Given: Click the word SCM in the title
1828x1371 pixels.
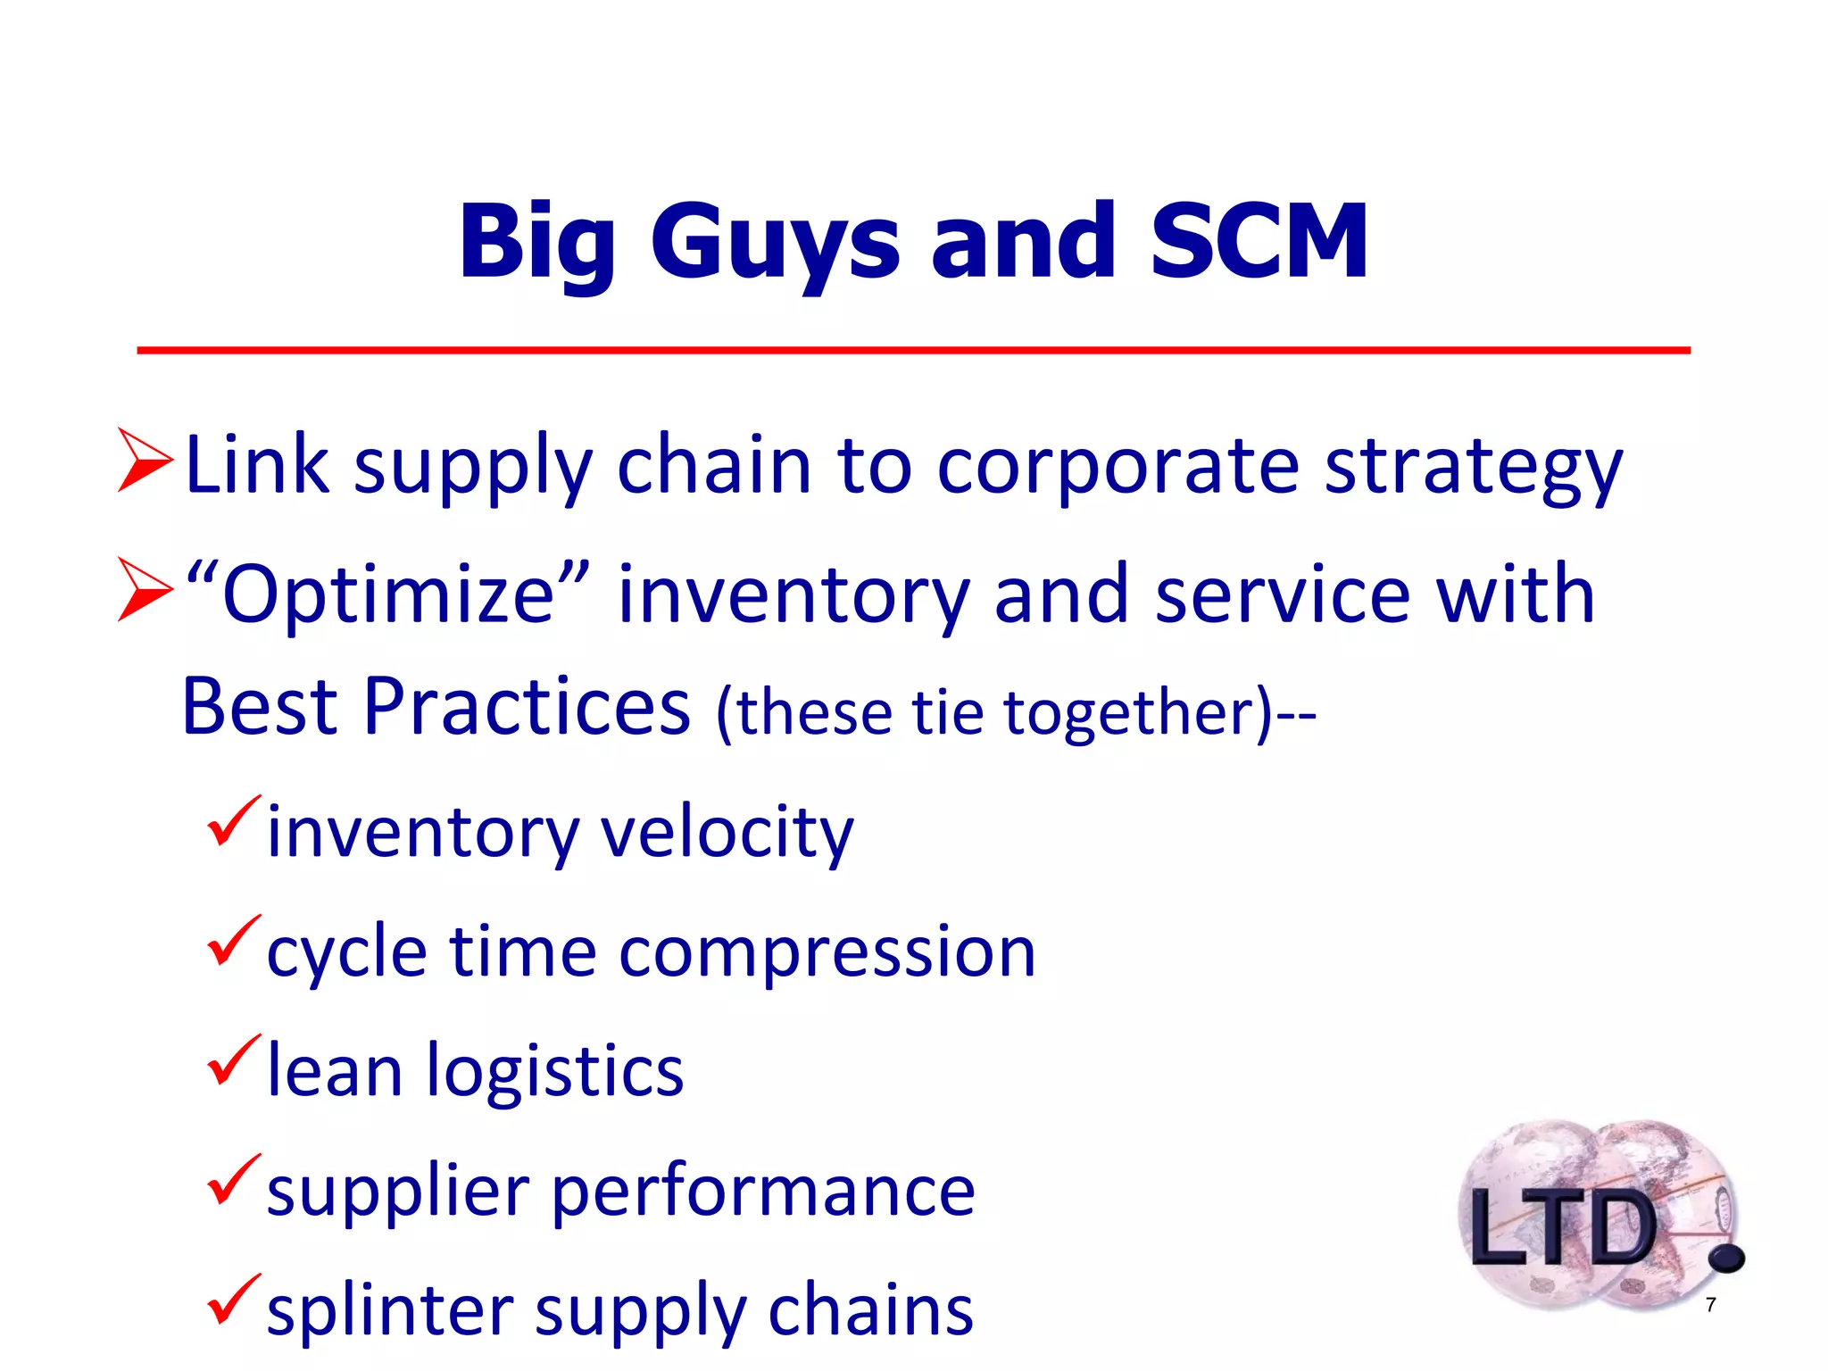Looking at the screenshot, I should [1259, 241].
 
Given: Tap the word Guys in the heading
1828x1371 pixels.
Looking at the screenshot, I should [775, 243].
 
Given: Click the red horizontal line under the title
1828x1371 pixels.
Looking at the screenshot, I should [913, 351].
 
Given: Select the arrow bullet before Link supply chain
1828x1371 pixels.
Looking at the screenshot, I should [145, 461].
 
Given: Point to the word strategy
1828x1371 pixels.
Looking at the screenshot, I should [1473, 469].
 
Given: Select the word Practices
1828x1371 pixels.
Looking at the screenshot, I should [527, 707].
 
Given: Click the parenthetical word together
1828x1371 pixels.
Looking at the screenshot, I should [1134, 714].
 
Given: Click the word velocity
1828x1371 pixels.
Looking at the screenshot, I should [727, 832].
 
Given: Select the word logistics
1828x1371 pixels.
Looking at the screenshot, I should [555, 1071].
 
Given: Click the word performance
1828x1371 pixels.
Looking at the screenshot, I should [763, 1192].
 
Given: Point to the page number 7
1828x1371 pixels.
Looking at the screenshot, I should [1710, 1305].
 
